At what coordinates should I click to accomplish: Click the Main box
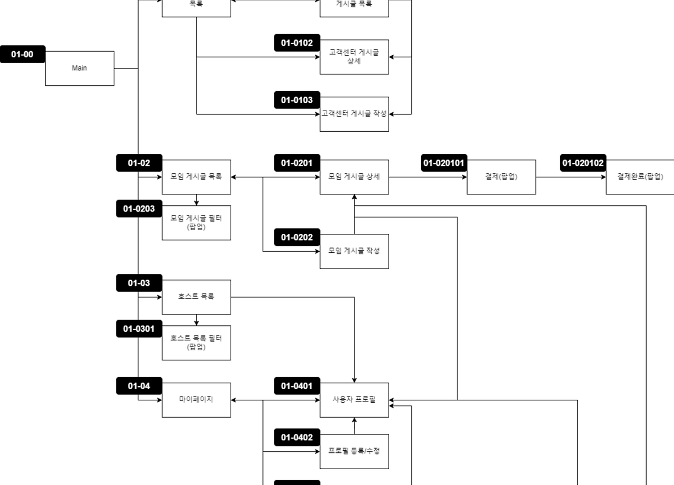pyautogui.click(x=80, y=68)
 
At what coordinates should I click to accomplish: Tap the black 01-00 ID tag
pyautogui.click(x=22, y=54)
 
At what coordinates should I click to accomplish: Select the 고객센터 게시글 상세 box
pyautogui.click(x=354, y=57)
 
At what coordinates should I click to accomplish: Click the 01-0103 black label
pyautogui.click(x=296, y=100)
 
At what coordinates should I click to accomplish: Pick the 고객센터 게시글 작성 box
pyautogui.click(x=354, y=114)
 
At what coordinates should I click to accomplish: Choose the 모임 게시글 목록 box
pyautogui.click(x=196, y=177)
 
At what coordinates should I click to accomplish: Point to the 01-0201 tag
pyautogui.click(x=296, y=163)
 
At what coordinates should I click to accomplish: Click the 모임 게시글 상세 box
pyautogui.click(x=354, y=177)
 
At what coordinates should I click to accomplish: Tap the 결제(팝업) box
pyautogui.click(x=501, y=177)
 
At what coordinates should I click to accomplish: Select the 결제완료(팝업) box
pyautogui.click(x=640, y=177)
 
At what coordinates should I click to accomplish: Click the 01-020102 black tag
pyautogui.click(x=583, y=163)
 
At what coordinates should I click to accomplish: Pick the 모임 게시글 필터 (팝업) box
pyautogui.click(x=196, y=223)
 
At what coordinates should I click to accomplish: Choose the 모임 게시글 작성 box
pyautogui.click(x=354, y=251)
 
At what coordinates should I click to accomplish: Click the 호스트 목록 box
pyautogui.click(x=196, y=297)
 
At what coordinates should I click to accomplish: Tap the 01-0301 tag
pyautogui.click(x=139, y=329)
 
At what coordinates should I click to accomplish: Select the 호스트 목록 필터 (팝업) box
pyautogui.click(x=196, y=343)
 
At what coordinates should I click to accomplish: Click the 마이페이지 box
pyautogui.click(x=196, y=400)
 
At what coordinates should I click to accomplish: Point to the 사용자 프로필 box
pyautogui.click(x=354, y=400)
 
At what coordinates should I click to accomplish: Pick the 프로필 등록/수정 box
pyautogui.click(x=354, y=451)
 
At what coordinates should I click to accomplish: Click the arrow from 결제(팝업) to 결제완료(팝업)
pyautogui.click(x=571, y=177)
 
